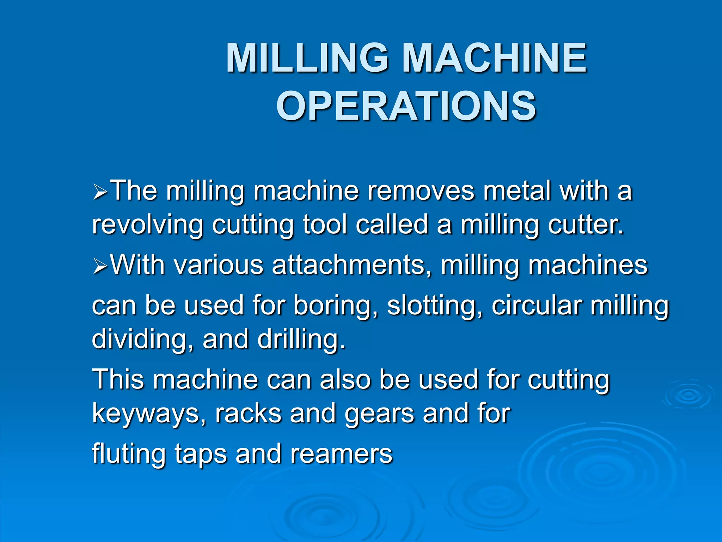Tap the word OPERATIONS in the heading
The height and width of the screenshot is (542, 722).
(406, 106)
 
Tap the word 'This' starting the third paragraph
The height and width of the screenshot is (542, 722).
(118, 379)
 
